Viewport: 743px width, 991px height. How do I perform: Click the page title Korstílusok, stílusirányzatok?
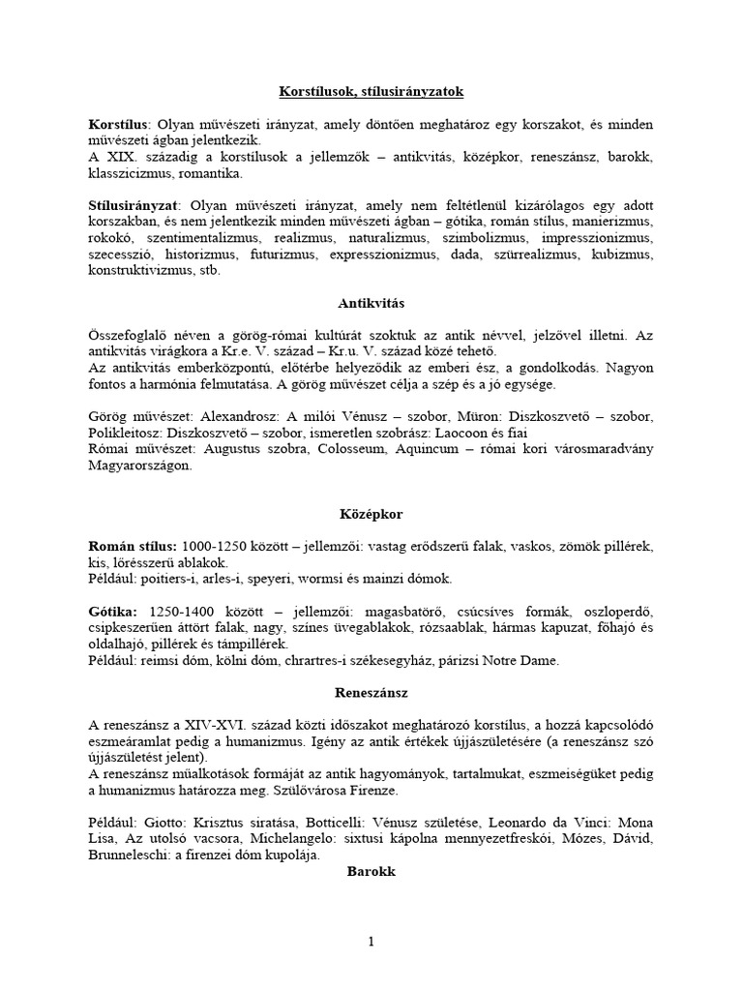pos(371,92)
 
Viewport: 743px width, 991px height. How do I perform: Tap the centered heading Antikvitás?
pos(371,303)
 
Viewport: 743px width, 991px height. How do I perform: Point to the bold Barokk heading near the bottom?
pos(371,871)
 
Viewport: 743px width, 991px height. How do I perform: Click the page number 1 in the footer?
pos(371,942)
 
